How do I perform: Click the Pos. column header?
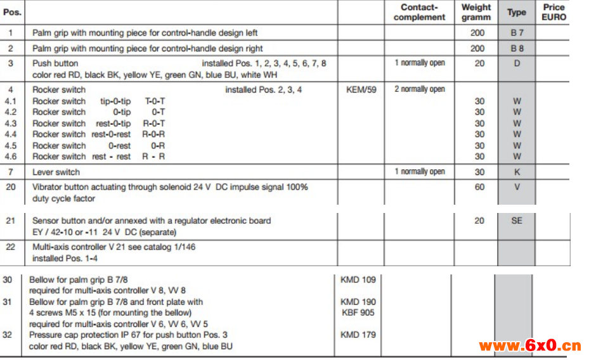coord(13,12)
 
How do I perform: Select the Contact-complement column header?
coord(419,12)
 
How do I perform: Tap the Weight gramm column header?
coord(476,12)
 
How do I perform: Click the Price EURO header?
coord(553,12)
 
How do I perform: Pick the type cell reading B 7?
coord(517,32)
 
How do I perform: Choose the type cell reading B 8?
coord(517,48)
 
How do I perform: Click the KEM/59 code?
coord(361,89)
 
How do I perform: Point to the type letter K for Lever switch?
coord(517,172)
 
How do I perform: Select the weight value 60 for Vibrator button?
coord(479,187)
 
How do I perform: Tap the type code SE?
coord(517,221)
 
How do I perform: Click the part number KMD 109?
coord(358,280)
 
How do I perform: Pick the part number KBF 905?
coord(358,312)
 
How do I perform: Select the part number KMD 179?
coord(358,335)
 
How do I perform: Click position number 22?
coord(11,247)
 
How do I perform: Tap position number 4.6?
coord(11,157)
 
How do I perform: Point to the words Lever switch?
coord(56,172)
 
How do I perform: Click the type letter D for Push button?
coord(517,63)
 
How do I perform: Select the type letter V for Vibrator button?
coord(517,187)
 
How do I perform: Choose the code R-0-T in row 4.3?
coord(154,123)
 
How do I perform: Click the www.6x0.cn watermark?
coord(530,345)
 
